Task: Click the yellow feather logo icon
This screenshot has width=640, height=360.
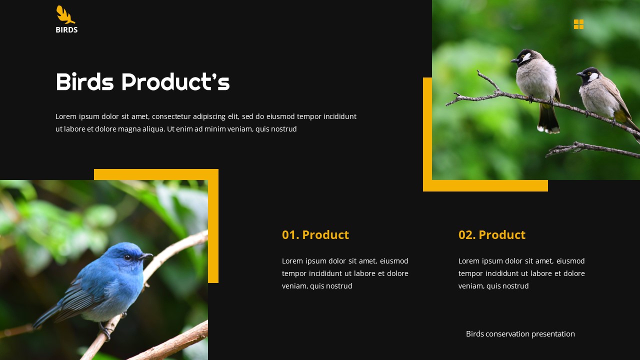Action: pyautogui.click(x=65, y=14)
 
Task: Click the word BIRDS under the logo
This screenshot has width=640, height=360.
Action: pyautogui.click(x=66, y=30)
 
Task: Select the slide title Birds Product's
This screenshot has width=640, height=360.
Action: pyautogui.click(x=142, y=82)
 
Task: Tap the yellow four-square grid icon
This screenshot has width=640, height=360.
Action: pyautogui.click(x=578, y=24)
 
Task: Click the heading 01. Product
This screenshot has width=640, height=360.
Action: pyautogui.click(x=315, y=235)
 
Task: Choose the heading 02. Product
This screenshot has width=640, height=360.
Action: pyautogui.click(x=491, y=235)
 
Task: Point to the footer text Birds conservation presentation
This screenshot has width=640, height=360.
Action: pyautogui.click(x=520, y=334)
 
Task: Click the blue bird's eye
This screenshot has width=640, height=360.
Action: pyautogui.click(x=127, y=257)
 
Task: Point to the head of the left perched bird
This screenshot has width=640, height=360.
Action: pyautogui.click(x=524, y=56)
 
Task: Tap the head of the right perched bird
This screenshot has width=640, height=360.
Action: pyautogui.click(x=590, y=75)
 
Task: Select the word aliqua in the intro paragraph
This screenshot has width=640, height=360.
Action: pyautogui.click(x=149, y=129)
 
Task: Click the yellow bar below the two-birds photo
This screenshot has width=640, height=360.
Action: pyautogui.click(x=485, y=185)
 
